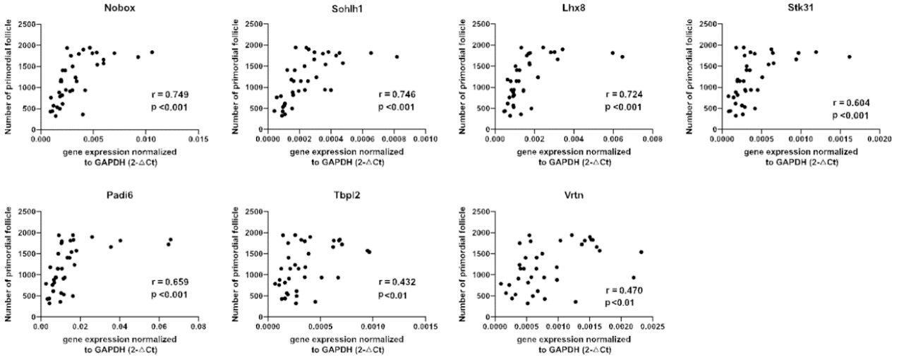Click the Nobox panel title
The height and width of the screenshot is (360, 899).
[114, 9]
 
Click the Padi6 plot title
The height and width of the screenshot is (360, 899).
[115, 196]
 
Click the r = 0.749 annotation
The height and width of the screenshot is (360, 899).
[169, 94]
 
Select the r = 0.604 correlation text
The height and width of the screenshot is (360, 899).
[851, 103]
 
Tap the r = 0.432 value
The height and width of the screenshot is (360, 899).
[397, 282]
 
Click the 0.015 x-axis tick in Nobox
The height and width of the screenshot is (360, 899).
[198, 140]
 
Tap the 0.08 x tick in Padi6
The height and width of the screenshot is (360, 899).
[198, 328]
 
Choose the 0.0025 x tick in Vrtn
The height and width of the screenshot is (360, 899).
[651, 328]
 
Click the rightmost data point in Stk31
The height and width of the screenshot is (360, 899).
[850, 57]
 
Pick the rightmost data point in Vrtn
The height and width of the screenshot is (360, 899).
[641, 252]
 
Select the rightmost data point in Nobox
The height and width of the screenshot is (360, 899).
[152, 52]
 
